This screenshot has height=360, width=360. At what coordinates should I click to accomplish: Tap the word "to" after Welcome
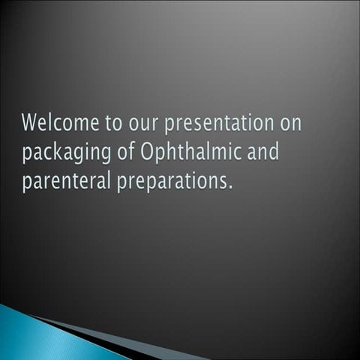[104, 123]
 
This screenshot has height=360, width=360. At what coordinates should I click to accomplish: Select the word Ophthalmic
[188, 154]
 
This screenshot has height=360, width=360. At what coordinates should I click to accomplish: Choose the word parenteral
[65, 183]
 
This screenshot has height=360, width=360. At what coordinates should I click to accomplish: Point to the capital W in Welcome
[31, 122]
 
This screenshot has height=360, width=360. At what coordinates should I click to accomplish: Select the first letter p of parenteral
[27, 184]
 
